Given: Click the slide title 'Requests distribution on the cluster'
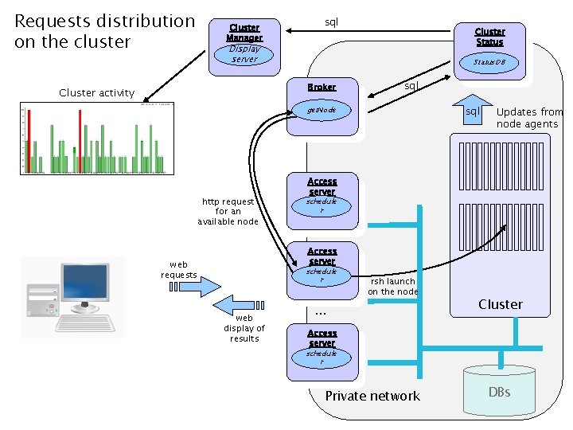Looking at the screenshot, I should [104, 31].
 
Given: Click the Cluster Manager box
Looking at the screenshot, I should [244, 33].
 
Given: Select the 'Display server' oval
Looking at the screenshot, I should [244, 53].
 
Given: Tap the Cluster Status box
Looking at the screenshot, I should [489, 37].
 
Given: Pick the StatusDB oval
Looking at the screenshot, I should [489, 62].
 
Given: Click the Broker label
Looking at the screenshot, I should [322, 87].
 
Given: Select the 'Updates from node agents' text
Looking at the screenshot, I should [528, 118].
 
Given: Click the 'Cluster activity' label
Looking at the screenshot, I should [97, 93].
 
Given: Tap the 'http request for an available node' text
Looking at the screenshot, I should [228, 212].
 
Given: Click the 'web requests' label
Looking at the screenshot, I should [179, 269].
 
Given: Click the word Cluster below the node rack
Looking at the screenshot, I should [500, 304].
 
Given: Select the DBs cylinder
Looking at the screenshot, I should [499, 392].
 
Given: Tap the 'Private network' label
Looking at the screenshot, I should [372, 396].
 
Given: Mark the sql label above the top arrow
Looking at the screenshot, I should [332, 21].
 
